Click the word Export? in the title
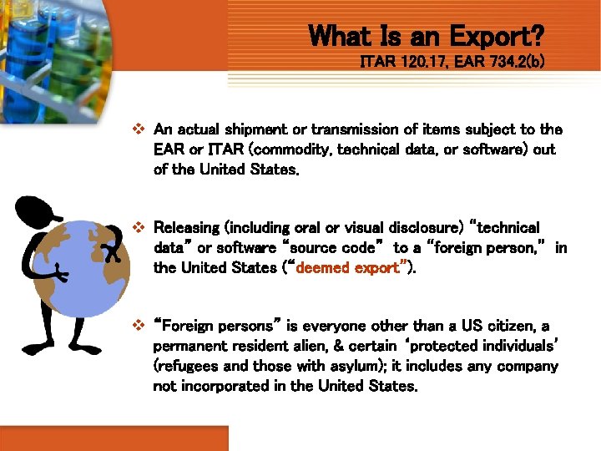(497, 36)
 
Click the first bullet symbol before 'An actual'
(139, 129)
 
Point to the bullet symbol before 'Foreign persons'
(139, 326)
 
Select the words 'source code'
(336, 248)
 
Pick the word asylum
(372, 366)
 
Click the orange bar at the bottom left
(114, 438)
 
